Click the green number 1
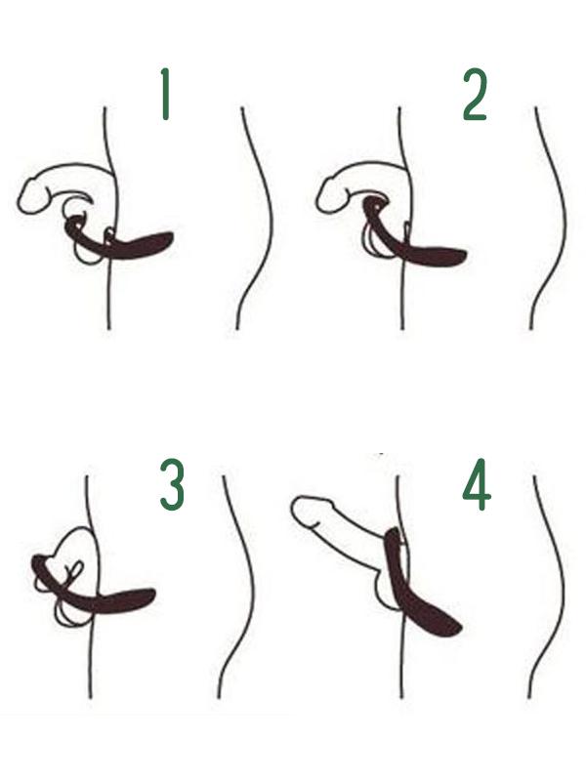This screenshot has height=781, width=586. [166, 94]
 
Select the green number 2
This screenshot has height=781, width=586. [475, 95]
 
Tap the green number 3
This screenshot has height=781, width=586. [173, 484]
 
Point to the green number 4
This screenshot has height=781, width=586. [477, 484]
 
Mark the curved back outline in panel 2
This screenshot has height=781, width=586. [557, 219]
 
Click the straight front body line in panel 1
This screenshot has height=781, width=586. [109, 218]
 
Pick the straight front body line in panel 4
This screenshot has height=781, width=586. [400, 587]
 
